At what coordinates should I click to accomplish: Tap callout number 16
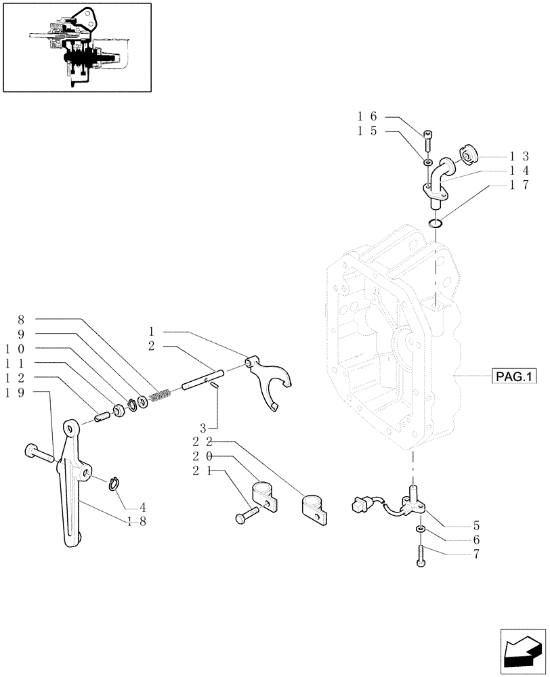(x=367, y=117)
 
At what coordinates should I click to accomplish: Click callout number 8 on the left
(x=21, y=319)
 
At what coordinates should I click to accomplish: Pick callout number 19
(x=21, y=392)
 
